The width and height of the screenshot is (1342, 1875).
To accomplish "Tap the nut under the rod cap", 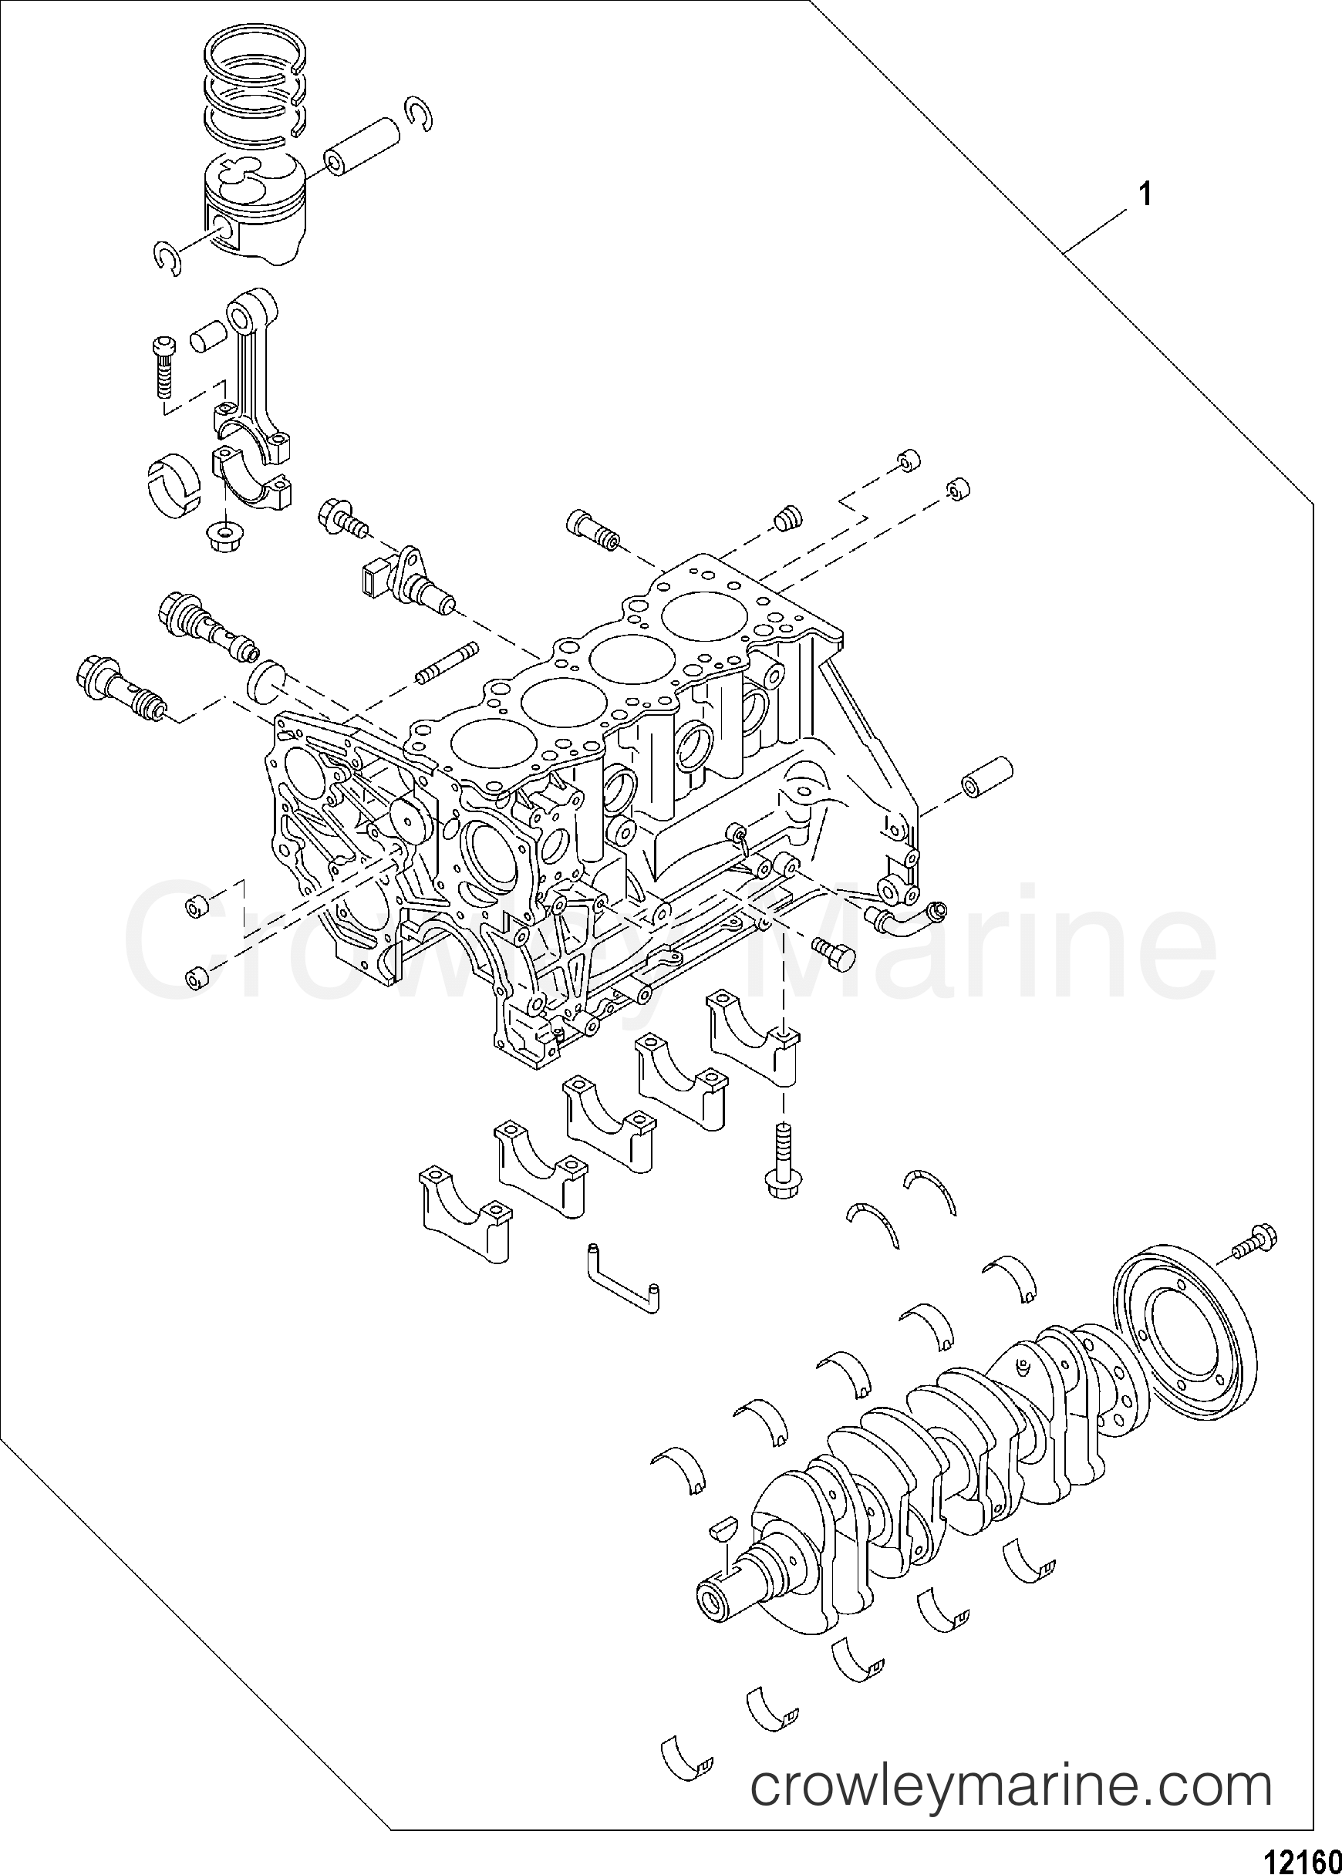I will click(219, 537).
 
